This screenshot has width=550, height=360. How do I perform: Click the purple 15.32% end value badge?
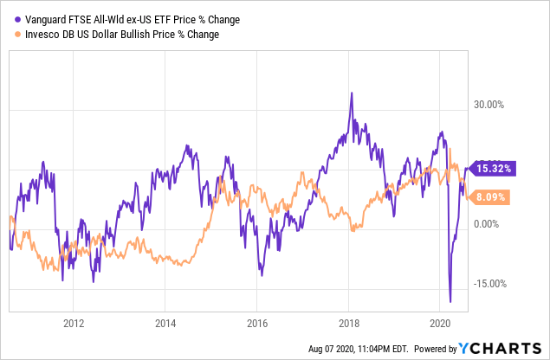[x=492, y=168]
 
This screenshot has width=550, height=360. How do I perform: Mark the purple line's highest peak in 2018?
[x=350, y=93]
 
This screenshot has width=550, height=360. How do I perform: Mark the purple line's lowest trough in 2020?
[x=450, y=302]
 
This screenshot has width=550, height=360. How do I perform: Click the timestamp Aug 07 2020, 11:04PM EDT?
[x=359, y=350]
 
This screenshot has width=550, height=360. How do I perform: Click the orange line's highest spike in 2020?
[x=450, y=149]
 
